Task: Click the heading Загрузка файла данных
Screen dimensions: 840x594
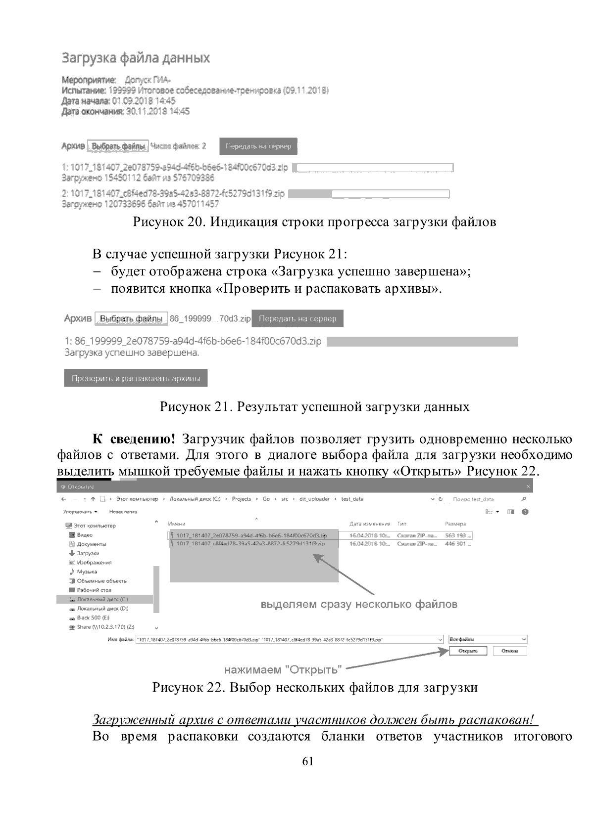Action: (x=136, y=58)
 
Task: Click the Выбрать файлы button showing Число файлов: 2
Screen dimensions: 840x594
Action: (x=118, y=146)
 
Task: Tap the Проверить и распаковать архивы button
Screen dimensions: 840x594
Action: (x=136, y=379)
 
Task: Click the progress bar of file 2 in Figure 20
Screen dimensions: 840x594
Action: (x=368, y=194)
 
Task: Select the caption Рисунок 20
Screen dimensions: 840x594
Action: (x=314, y=222)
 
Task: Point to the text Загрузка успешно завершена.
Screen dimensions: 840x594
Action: (x=132, y=353)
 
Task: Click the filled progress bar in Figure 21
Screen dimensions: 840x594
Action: (x=422, y=342)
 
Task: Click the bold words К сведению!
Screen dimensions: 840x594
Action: (x=134, y=439)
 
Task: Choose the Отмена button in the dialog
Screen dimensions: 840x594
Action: (x=510, y=651)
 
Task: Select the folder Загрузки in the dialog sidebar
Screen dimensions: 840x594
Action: (x=88, y=553)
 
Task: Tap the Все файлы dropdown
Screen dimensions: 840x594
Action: (x=488, y=639)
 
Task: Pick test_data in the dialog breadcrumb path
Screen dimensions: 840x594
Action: (x=352, y=499)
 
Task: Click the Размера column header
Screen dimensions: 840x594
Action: (x=455, y=524)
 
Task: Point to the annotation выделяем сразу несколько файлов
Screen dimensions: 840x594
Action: (x=359, y=604)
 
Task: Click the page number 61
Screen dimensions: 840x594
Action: (x=307, y=762)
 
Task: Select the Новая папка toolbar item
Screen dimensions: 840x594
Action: (x=123, y=512)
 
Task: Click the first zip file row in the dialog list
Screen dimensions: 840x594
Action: (x=251, y=535)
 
